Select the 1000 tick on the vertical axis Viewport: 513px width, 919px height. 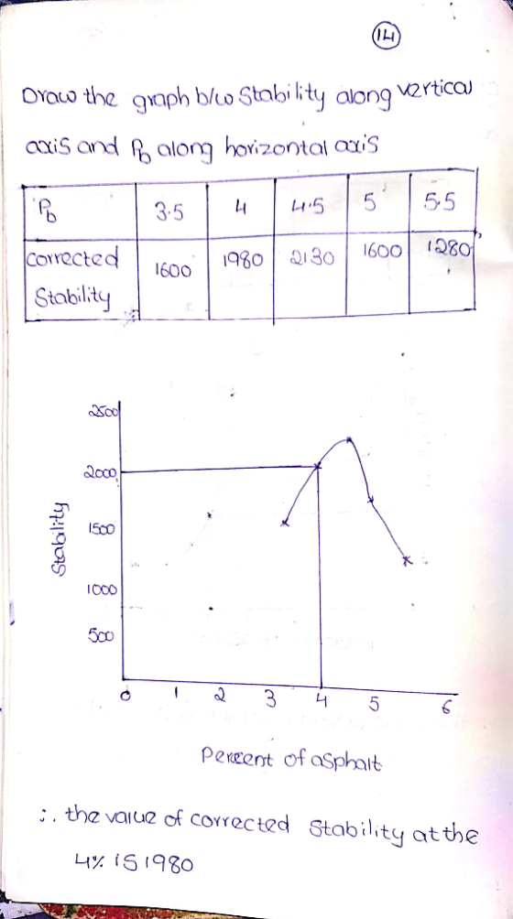point(104,590)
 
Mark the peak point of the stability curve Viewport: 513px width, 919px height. point(349,439)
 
